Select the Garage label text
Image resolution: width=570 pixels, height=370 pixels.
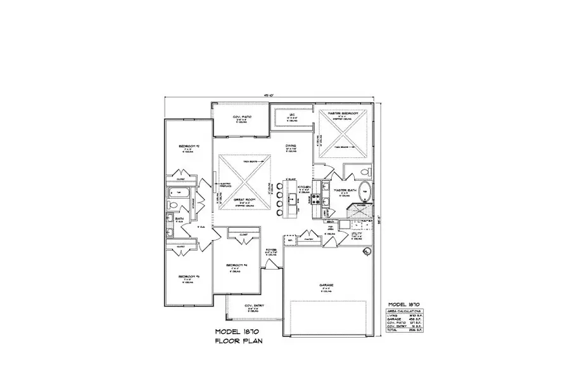(326, 285)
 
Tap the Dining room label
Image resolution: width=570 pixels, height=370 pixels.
(291, 145)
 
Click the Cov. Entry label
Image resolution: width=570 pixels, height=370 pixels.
(253, 306)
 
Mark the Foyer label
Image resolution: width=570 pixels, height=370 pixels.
(272, 251)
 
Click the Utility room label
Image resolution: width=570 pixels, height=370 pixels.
(356, 234)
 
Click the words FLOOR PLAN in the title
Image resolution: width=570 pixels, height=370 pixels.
(238, 341)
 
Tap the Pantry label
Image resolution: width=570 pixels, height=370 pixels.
(309, 240)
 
